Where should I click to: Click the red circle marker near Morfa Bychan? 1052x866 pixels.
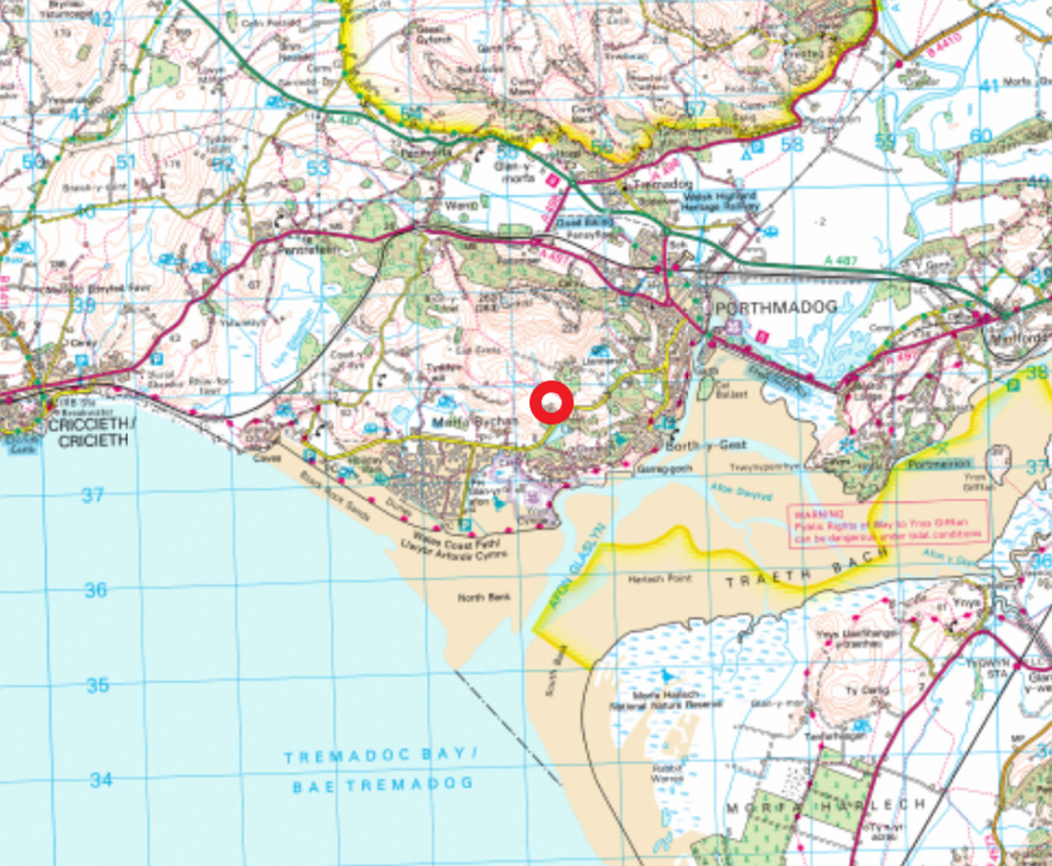(x=552, y=403)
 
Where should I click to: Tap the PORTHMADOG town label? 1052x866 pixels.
(x=774, y=306)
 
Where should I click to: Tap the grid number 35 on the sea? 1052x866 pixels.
(x=97, y=686)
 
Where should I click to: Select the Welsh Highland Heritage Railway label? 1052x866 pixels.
(x=719, y=200)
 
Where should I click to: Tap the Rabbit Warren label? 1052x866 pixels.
(x=667, y=772)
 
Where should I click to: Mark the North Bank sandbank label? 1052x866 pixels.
(x=482, y=598)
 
